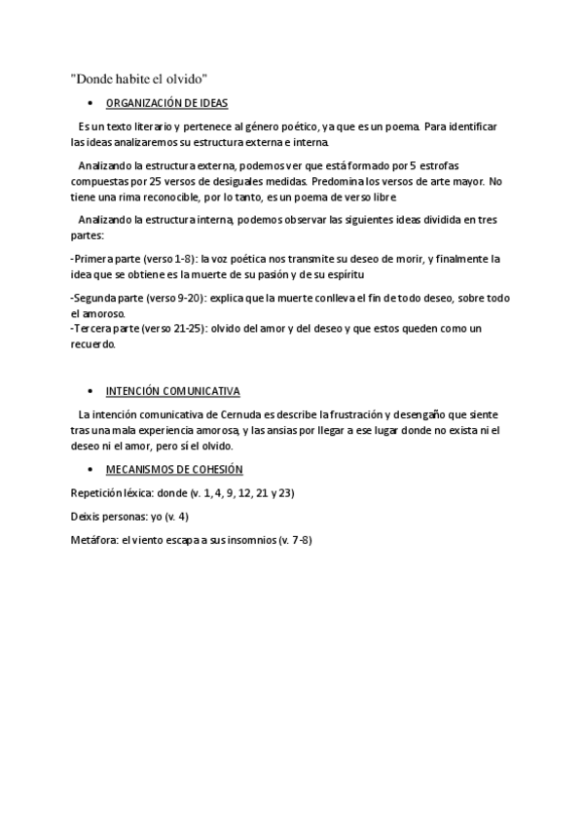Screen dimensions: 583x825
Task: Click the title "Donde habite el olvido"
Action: point(139,79)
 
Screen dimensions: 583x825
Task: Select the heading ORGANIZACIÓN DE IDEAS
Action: point(166,103)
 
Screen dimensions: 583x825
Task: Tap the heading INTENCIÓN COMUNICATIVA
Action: point(172,392)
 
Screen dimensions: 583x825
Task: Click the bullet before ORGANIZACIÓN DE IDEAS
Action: point(90,103)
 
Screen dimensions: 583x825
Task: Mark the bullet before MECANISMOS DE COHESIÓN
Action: point(90,470)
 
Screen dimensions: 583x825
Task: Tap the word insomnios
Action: point(248,540)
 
